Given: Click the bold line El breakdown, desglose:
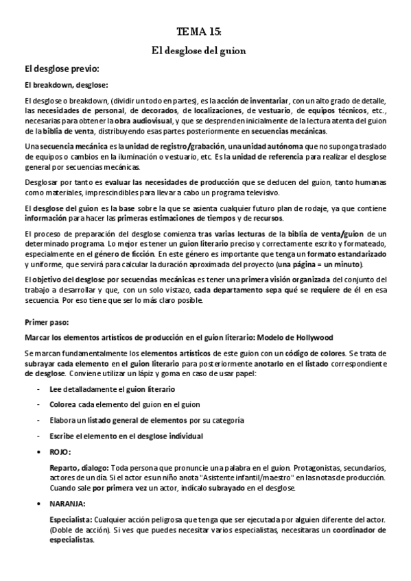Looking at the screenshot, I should pos(66,85).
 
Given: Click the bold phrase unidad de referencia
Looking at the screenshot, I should pos(270,157).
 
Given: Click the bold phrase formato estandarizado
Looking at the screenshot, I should pos(342,254).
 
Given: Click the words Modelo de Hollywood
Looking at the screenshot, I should pos(300,337).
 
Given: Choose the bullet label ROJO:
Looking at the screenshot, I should pos(60,452).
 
